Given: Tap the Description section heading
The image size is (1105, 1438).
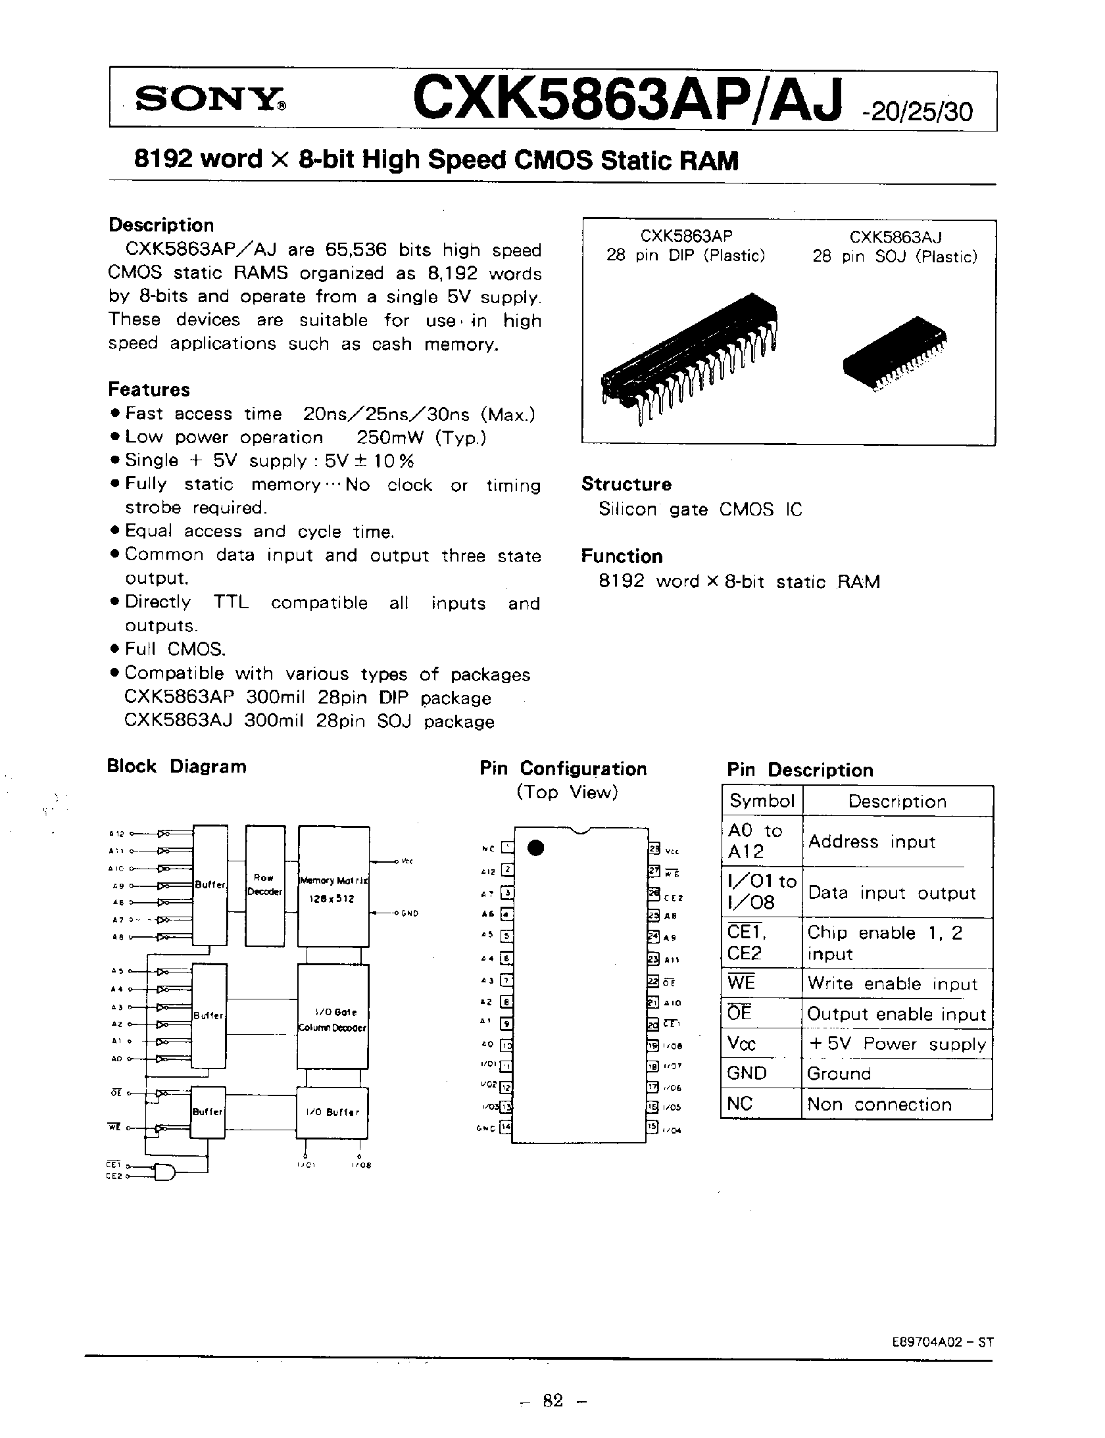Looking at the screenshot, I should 161,226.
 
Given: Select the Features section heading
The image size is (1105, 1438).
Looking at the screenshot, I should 149,390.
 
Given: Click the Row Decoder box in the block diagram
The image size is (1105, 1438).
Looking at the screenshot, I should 264,885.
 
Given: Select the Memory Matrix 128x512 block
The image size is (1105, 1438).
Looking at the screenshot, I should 333,885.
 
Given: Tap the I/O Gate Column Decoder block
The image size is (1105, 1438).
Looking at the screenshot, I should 333,1016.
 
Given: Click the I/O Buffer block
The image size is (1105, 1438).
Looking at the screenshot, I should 333,1113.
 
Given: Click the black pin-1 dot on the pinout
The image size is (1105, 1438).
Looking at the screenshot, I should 537,848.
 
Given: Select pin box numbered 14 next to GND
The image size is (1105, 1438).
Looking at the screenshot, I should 505,1128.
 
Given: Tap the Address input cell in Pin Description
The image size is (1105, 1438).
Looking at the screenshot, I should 872,842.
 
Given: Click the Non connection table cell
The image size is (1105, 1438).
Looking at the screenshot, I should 879,1105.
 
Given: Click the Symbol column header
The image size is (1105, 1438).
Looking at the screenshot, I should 762,801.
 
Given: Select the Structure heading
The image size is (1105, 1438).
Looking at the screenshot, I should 626,485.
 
